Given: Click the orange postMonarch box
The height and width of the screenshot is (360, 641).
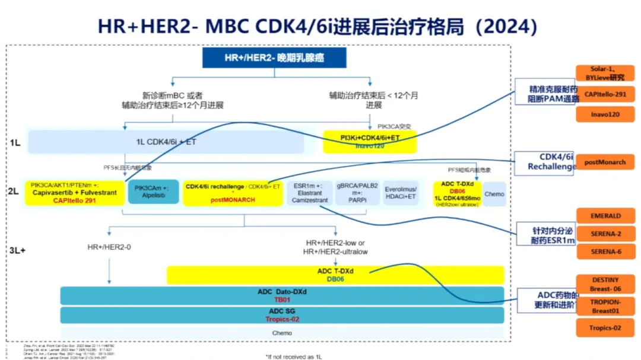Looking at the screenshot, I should click(605, 162).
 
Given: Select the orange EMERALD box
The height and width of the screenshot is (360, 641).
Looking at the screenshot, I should click(605, 216).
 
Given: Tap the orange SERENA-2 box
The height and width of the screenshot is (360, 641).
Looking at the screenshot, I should click(605, 234).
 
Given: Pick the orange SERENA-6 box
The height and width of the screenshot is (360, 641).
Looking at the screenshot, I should click(605, 251).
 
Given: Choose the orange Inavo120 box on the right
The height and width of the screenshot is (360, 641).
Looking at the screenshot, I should click(605, 114).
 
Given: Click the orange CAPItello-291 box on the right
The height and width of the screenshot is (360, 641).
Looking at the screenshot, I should click(605, 94).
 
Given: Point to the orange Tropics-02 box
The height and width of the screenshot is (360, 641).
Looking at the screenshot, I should click(605, 327).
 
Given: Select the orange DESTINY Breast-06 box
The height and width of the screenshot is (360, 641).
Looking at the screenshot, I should click(605, 283).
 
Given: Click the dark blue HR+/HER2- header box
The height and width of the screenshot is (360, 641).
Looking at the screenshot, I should click(274, 58).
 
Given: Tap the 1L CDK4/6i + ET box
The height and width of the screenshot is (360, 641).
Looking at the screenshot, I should click(166, 142).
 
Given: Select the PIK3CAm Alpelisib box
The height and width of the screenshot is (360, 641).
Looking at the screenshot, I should click(153, 192).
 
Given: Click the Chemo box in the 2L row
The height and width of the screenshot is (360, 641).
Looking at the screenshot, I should click(494, 193).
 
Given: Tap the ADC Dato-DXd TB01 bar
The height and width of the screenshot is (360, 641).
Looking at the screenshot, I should click(282, 295).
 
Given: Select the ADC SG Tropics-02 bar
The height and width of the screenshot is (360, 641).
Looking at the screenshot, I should click(282, 315).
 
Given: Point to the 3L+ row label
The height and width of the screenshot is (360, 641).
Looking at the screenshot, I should click(17, 250).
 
